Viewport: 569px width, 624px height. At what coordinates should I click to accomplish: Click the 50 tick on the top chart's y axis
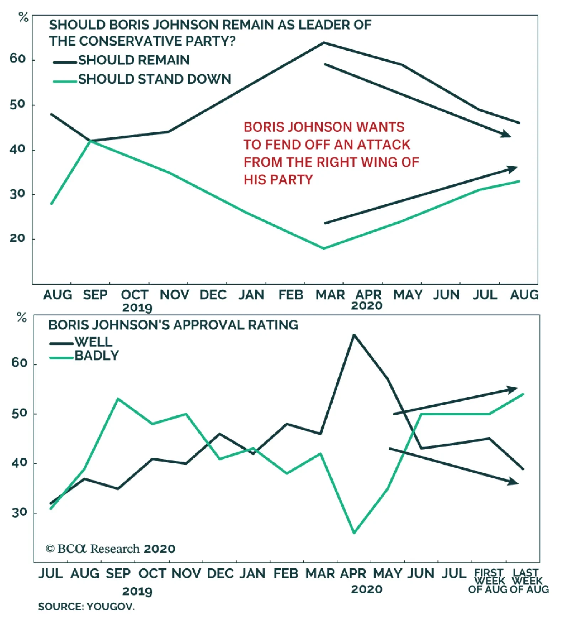pyautogui.click(x=17, y=104)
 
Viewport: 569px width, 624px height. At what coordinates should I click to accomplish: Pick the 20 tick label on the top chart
pyautogui.click(x=17, y=238)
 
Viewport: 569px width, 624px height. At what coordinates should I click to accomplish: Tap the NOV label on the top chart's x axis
pyautogui.click(x=174, y=295)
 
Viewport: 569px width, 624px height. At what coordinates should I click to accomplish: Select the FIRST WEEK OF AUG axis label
pyautogui.click(x=489, y=581)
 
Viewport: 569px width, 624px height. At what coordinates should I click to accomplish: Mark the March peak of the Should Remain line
pyautogui.click(x=324, y=43)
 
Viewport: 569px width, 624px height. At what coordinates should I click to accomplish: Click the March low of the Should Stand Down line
pyautogui.click(x=324, y=248)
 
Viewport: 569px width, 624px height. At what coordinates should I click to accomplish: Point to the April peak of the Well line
pyautogui.click(x=354, y=335)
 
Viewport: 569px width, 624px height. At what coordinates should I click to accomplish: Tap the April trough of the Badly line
pyautogui.click(x=354, y=533)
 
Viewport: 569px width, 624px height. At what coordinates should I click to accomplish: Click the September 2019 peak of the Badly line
pyautogui.click(x=118, y=399)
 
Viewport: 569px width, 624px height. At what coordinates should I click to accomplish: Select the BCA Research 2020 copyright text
pyautogui.click(x=110, y=549)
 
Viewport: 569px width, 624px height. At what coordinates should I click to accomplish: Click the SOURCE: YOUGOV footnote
pyautogui.click(x=86, y=607)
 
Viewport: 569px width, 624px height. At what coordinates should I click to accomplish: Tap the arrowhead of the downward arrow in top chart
pyautogui.click(x=506, y=135)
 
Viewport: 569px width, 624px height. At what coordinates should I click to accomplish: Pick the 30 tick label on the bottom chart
pyautogui.click(x=19, y=513)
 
